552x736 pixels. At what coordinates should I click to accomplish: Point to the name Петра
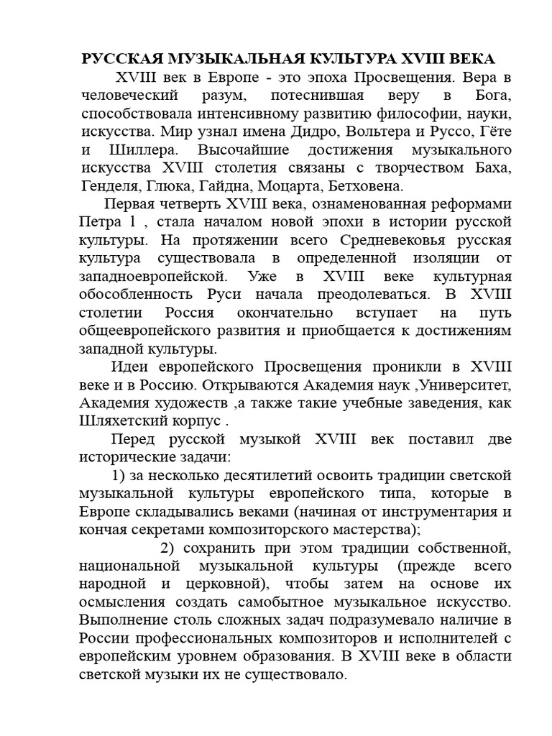click(98, 221)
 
